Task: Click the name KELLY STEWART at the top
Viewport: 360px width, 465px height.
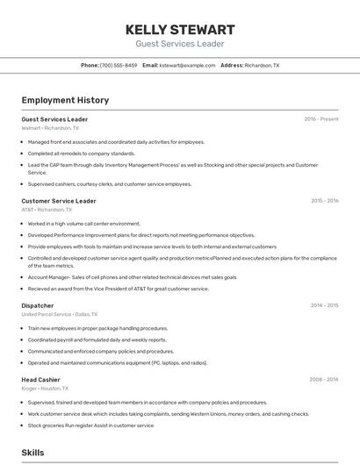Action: pos(180,29)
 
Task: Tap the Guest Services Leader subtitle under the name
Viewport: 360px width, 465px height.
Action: pos(180,44)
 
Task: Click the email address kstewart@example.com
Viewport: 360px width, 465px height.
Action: pos(187,65)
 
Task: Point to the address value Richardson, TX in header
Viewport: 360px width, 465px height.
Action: pos(262,65)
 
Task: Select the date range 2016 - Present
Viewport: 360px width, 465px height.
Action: pos(321,119)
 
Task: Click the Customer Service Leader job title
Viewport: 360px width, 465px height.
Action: pos(59,201)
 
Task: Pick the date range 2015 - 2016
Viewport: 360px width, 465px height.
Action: pos(324,201)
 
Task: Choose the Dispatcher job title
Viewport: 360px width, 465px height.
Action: pos(38,305)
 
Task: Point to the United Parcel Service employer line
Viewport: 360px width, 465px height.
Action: pos(60,314)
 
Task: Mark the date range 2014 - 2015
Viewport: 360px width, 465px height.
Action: pos(324,305)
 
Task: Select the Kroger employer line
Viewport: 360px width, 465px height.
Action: pos(44,388)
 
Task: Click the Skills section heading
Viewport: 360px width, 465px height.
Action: pos(33,453)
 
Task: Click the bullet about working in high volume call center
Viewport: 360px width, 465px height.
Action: pos(83,224)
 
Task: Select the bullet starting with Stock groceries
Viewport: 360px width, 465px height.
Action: pos(90,426)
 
